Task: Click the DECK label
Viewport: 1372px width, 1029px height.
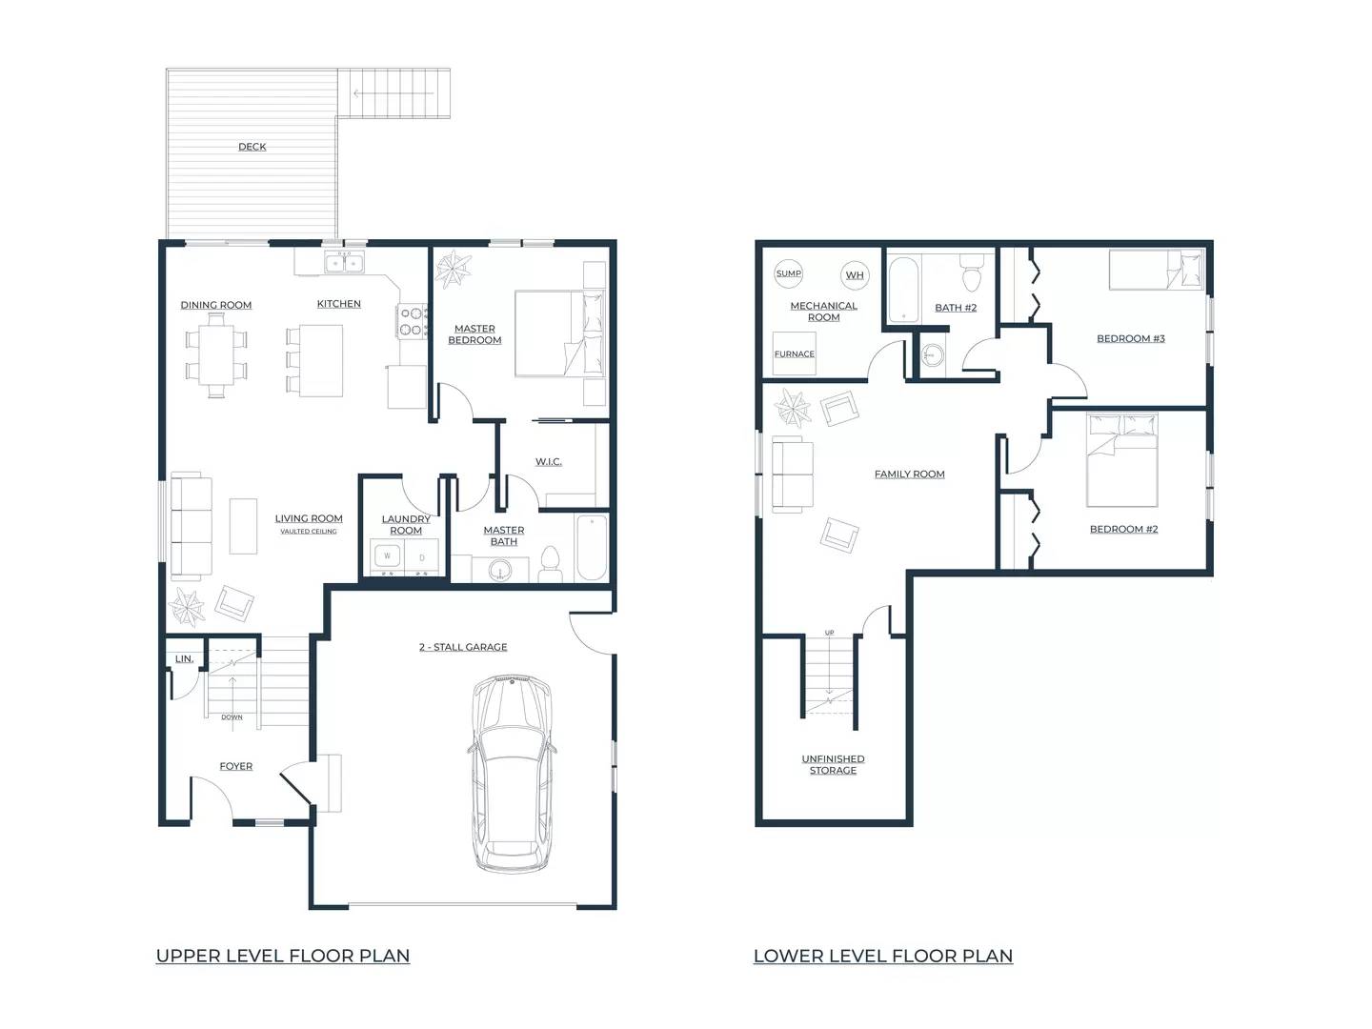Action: (252, 147)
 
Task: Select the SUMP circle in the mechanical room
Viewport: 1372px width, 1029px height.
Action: (788, 273)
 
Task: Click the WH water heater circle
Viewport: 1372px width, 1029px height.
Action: (855, 275)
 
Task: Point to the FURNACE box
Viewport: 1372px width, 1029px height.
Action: (794, 353)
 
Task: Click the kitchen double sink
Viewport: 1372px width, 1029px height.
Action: (345, 263)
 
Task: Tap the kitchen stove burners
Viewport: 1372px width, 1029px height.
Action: (413, 320)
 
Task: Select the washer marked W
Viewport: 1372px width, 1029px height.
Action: (388, 556)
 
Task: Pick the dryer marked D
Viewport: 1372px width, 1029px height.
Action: (422, 556)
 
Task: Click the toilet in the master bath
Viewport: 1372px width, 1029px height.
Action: (550, 564)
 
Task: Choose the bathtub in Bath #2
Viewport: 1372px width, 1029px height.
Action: (903, 289)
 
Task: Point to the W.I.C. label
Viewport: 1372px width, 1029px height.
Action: (548, 462)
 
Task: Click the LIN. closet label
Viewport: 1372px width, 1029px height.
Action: (185, 658)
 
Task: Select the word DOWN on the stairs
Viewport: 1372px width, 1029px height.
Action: (232, 717)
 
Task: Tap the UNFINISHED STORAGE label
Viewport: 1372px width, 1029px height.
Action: (833, 764)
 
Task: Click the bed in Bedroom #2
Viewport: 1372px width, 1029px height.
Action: (1122, 459)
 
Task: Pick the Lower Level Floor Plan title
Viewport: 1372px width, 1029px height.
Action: (883, 956)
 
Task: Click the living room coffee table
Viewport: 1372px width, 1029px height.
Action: (243, 525)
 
